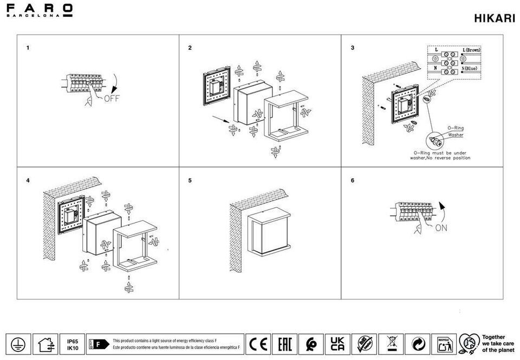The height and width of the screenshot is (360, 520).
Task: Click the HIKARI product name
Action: click(494, 18)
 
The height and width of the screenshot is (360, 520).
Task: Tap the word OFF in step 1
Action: click(111, 99)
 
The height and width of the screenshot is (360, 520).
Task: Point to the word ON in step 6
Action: click(441, 228)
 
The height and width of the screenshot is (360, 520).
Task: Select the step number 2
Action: click(190, 48)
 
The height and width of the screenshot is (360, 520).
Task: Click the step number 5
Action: click(190, 181)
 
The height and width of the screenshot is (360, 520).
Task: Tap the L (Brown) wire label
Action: click(471, 50)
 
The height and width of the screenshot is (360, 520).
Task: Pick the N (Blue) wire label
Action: click(469, 68)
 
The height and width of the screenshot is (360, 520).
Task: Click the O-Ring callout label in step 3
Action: click(455, 128)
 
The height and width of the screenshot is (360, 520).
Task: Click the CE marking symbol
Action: click(258, 344)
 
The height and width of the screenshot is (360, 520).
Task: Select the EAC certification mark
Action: click(284, 344)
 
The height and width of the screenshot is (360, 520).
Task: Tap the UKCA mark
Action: click(337, 344)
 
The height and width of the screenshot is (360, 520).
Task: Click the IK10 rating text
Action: click(73, 349)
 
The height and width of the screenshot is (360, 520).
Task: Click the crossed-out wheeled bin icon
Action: click(391, 344)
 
